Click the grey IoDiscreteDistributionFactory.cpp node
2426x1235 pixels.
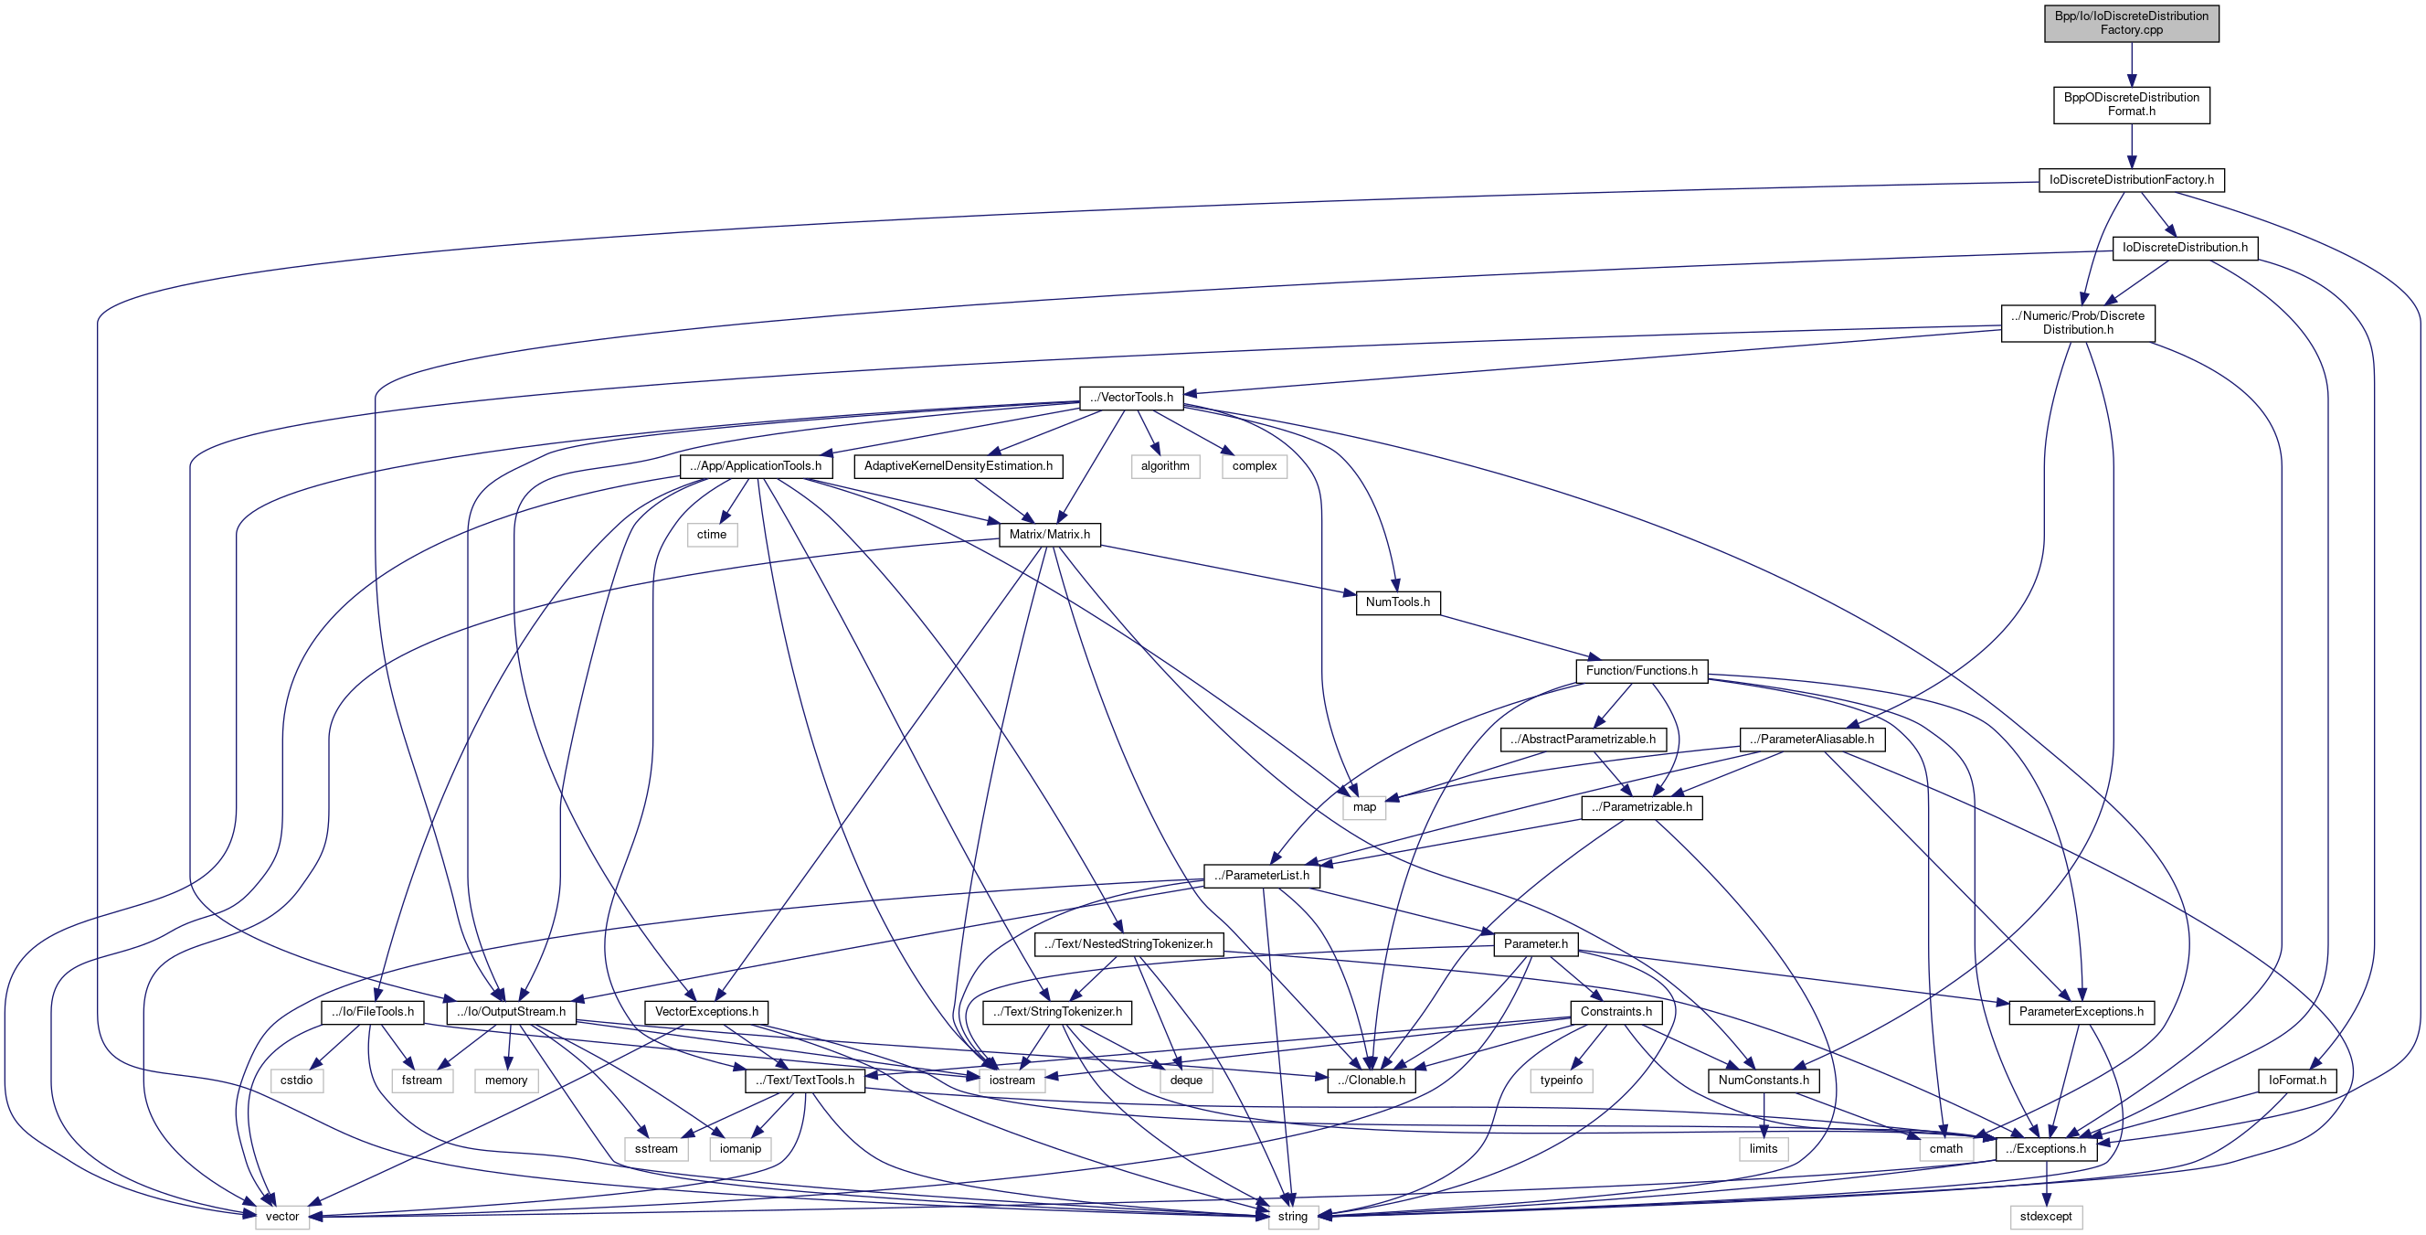2130,24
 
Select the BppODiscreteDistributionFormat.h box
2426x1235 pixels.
2130,104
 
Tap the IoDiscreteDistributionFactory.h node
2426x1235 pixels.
2130,180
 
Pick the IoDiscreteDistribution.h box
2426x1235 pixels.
2184,248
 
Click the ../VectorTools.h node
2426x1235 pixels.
1131,398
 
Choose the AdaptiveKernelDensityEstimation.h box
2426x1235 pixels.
958,466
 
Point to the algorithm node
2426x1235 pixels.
1165,466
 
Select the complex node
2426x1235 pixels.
1254,466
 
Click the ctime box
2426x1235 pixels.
711,535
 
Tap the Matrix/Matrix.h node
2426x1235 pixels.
1049,535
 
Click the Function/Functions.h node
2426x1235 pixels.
1640,671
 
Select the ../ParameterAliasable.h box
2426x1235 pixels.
1811,740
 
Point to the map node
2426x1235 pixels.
1363,807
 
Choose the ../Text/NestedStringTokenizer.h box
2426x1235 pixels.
1128,944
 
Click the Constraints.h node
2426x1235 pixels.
1616,1012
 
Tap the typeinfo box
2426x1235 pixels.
1561,1081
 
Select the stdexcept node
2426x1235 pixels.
2046,1217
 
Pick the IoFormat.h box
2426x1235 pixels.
2297,1081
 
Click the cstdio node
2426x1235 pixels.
297,1081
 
